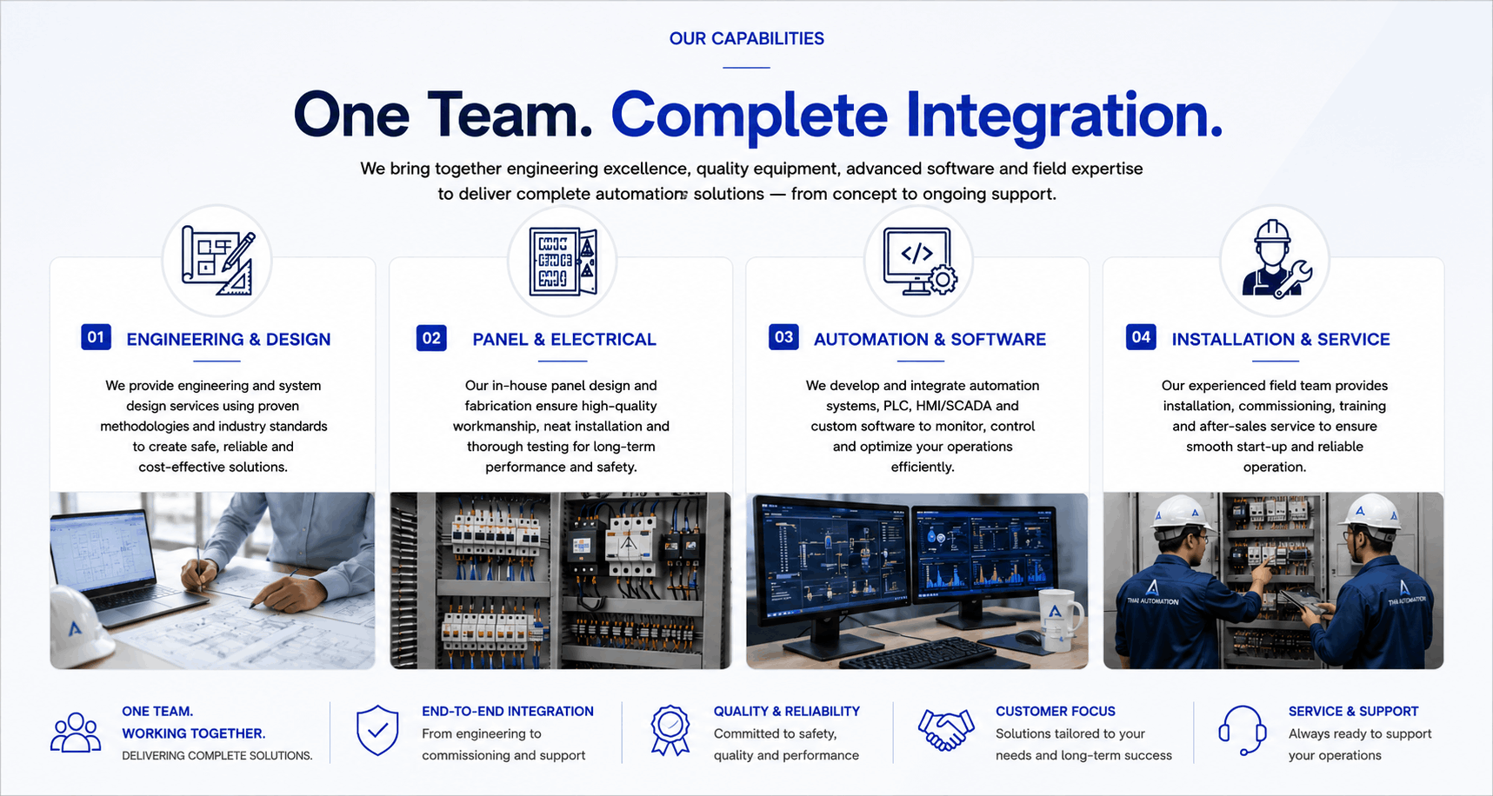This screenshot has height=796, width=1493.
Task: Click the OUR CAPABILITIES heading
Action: coord(746,38)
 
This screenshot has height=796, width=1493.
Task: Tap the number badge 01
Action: coord(96,337)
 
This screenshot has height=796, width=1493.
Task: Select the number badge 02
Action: coord(431,338)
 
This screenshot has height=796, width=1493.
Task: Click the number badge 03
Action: coord(783,337)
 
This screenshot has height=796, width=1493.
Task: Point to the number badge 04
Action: coord(1141,337)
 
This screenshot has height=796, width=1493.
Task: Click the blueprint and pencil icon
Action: coord(218,261)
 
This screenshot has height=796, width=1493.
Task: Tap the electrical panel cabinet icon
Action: coord(563,262)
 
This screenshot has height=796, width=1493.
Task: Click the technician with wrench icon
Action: coord(1276,260)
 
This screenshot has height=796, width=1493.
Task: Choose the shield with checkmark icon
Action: coord(377,730)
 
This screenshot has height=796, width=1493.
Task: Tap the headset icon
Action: coord(1242,730)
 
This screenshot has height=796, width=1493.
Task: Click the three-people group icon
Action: coord(76,733)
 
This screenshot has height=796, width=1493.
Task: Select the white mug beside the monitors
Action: coord(1059,620)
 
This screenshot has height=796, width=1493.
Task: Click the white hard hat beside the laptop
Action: coord(80,626)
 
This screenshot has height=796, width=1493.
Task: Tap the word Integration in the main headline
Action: coord(1064,116)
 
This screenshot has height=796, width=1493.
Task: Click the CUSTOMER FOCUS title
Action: coord(1055,711)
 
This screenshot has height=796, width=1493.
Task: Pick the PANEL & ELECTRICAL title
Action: coord(564,339)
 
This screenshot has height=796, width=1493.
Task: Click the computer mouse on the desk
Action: coord(1028,638)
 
